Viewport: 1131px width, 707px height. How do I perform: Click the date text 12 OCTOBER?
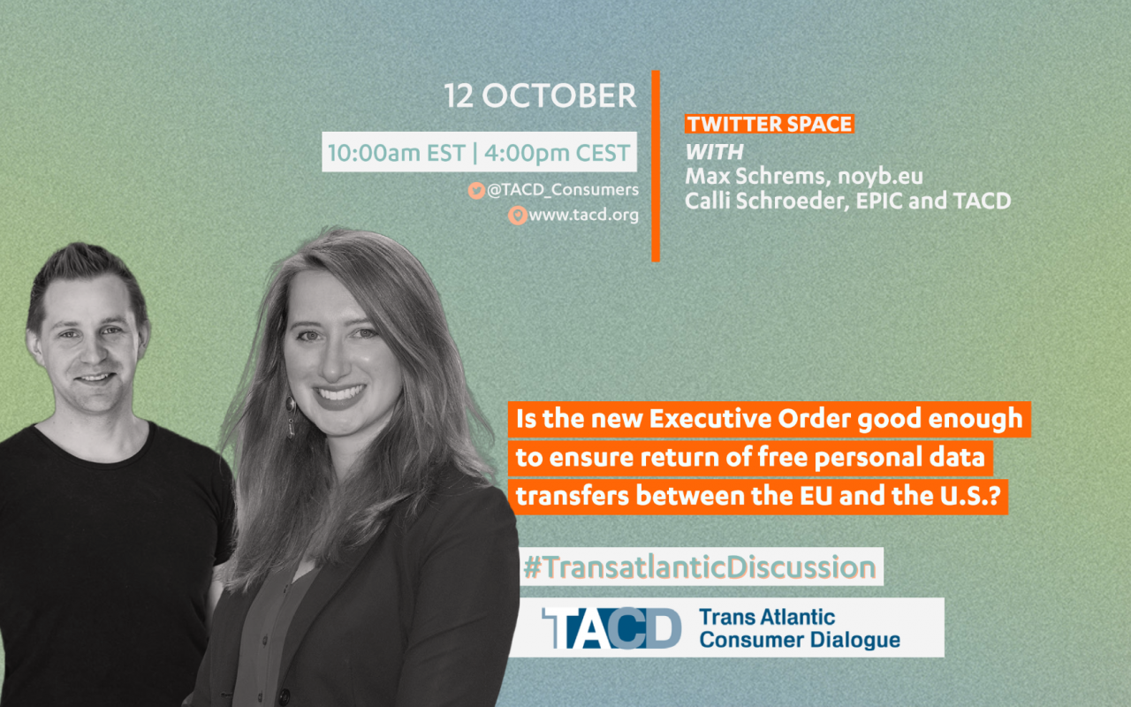click(540, 95)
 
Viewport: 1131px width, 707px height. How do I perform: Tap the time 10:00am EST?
click(397, 153)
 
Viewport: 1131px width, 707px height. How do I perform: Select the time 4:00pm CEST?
click(558, 153)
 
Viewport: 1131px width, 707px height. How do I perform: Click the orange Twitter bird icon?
click(476, 190)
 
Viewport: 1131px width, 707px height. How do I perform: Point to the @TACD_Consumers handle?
click(563, 190)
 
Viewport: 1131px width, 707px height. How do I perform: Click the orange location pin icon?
click(517, 215)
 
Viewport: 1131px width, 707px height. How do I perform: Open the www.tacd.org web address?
click(584, 215)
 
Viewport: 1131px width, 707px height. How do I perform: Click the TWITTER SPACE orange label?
click(769, 124)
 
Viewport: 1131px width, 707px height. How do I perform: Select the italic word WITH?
click(714, 152)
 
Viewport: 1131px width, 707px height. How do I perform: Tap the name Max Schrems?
click(755, 176)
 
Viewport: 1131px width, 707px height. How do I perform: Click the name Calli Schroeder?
click(764, 201)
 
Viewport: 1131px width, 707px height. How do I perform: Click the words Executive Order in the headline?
click(750, 419)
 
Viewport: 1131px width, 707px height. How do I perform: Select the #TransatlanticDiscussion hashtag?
click(700, 566)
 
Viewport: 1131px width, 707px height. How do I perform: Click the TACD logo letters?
click(611, 627)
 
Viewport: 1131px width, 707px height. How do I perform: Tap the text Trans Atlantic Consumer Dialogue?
click(800, 628)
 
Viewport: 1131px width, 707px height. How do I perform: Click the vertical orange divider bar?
click(656, 166)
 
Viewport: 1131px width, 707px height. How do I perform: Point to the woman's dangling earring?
click(291, 416)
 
